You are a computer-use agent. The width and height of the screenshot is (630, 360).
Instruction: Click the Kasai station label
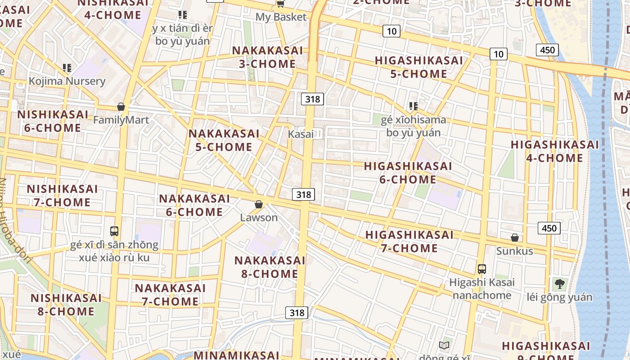(301, 134)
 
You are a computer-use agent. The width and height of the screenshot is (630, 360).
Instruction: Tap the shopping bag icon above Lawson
(259, 205)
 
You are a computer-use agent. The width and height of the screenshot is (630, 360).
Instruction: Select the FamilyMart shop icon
(121, 107)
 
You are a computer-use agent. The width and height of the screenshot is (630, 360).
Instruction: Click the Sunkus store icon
(515, 238)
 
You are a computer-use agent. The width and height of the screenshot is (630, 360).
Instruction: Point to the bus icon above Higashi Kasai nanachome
(482, 269)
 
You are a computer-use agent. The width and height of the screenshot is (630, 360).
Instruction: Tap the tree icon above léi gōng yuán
(560, 284)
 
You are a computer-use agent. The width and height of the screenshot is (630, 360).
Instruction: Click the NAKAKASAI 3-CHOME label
(267, 57)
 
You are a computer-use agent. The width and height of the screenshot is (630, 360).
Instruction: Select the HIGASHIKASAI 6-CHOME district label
(408, 172)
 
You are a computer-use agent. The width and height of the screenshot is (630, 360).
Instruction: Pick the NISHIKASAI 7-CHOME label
(62, 195)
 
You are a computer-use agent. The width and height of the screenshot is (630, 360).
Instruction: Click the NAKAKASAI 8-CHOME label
(270, 267)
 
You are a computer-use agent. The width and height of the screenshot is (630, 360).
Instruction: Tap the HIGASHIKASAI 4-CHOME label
(554, 151)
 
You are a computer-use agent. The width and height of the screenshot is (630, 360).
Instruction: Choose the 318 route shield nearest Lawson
(304, 194)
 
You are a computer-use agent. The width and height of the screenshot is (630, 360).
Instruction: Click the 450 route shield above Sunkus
(549, 228)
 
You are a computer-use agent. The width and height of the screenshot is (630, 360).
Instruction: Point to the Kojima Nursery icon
(67, 68)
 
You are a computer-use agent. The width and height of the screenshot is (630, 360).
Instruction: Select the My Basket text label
(281, 17)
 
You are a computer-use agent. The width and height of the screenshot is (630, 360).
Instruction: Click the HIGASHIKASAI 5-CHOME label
(418, 67)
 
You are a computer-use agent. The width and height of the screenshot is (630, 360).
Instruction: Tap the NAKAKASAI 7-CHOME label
(170, 295)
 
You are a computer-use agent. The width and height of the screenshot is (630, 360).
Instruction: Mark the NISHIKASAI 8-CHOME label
(66, 305)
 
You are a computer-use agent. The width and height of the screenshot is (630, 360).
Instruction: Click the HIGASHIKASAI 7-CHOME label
(409, 241)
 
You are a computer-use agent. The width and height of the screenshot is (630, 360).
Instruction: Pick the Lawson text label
(259, 218)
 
